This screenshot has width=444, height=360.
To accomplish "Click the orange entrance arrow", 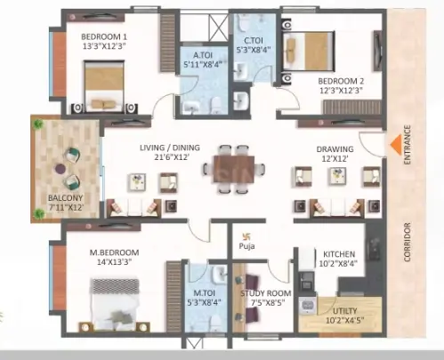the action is coord(396,144).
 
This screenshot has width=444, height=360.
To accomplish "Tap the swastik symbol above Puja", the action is coord(246,236).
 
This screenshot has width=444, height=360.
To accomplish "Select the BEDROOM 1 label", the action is coord(104,37).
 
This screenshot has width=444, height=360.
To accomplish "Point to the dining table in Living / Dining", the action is coord(234,169).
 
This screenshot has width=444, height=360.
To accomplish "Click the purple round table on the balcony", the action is coord(61,169).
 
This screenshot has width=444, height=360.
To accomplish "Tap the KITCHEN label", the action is coord(339,254).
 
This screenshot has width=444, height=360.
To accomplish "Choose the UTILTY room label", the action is coord(345,311).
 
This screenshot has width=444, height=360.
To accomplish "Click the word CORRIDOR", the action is coord(407,242).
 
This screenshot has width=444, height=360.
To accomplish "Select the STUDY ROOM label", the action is coord(266,293).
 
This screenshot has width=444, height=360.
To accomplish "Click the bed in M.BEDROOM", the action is coord(115,304).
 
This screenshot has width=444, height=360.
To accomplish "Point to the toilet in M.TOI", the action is coord(215,324).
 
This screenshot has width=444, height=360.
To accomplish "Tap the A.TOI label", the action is coord(203,55).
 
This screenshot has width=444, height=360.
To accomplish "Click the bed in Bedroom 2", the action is coord(310,51).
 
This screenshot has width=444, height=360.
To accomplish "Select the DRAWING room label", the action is coord(335,149).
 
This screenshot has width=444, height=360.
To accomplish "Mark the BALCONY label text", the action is coord(65,198).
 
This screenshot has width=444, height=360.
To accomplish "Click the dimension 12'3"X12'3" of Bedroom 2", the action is coord(341,91).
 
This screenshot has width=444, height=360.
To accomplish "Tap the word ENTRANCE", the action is coord(408,145).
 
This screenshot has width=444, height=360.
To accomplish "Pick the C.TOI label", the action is coord(254,40).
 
